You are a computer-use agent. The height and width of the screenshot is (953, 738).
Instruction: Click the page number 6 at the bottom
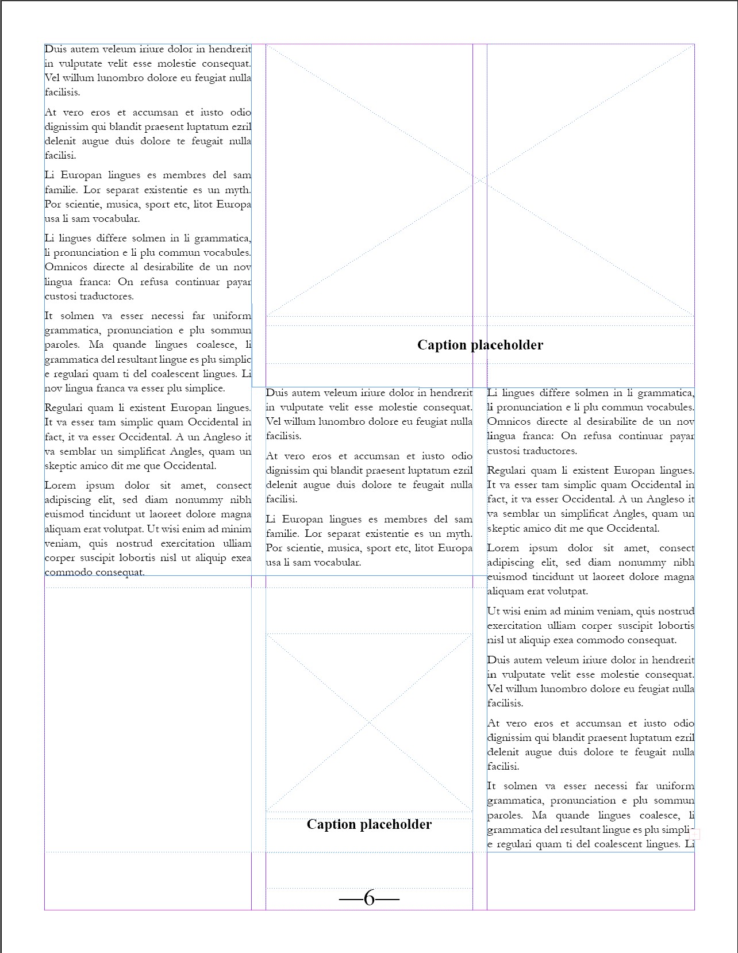pos(369,898)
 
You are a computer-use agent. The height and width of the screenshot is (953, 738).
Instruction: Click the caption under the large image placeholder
pos(480,345)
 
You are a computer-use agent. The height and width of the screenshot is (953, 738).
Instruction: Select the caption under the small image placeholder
pos(369,824)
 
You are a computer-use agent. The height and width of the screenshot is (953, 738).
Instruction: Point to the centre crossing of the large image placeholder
pos(480,180)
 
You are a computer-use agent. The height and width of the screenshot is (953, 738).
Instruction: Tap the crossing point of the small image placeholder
pos(369,723)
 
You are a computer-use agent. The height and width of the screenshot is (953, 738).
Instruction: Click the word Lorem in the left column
pos(60,485)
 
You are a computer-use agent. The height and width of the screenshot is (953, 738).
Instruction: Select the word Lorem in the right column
pos(503,548)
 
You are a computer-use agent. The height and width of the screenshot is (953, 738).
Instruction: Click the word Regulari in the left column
pos(66,408)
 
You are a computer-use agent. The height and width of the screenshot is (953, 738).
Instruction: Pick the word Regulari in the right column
pos(509,470)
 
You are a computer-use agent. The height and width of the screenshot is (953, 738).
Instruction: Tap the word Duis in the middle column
pos(276,393)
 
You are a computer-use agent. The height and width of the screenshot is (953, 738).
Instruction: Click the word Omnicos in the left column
pos(66,267)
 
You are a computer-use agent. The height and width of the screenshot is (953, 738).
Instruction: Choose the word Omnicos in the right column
pos(509,421)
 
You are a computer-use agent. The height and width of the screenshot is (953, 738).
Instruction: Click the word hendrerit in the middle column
pos(451,393)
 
